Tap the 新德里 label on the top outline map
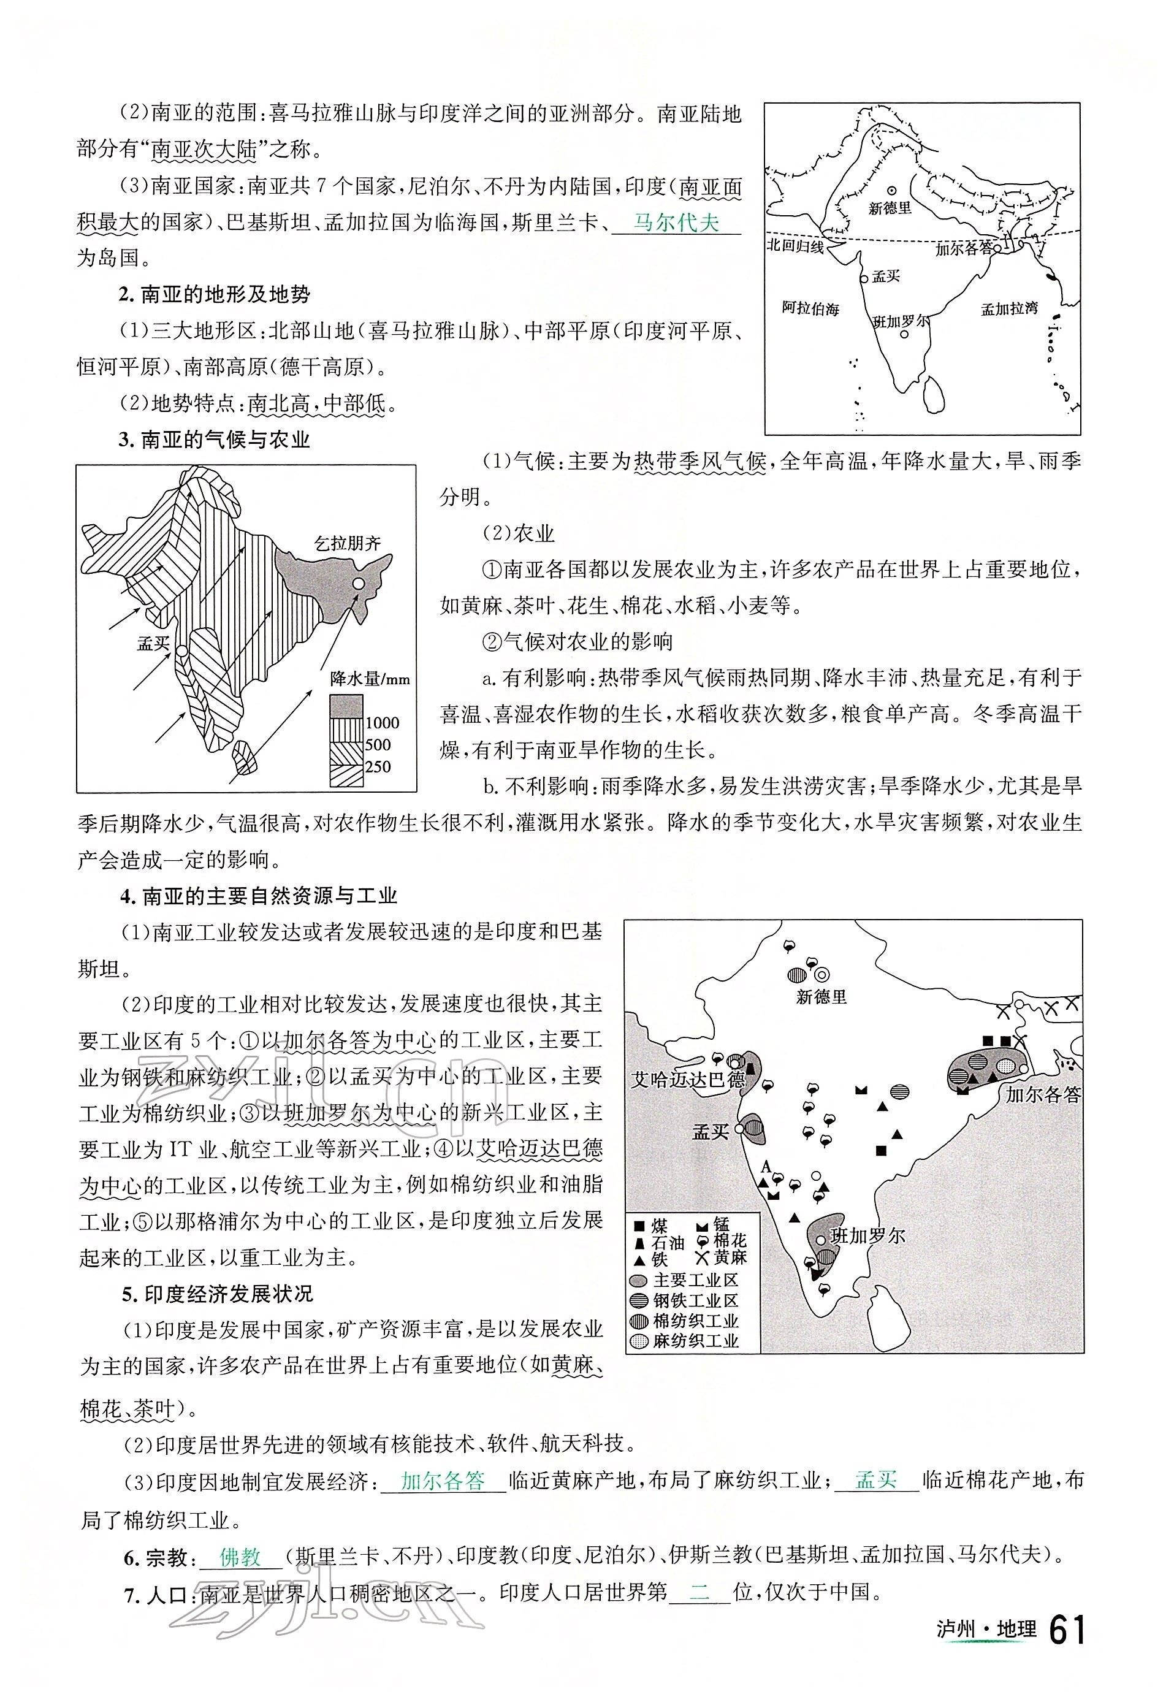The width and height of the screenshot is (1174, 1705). [x=890, y=208]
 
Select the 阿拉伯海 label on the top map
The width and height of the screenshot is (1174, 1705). [x=810, y=308]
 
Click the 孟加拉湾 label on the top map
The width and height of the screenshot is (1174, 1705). [x=1009, y=309]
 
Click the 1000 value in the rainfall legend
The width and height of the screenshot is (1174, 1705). [x=382, y=723]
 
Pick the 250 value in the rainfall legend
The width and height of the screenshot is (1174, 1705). [x=378, y=766]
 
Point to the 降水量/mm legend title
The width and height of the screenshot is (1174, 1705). [x=370, y=678]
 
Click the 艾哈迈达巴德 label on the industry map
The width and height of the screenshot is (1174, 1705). [x=688, y=1080]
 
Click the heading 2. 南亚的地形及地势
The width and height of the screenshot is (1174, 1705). [x=215, y=295]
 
